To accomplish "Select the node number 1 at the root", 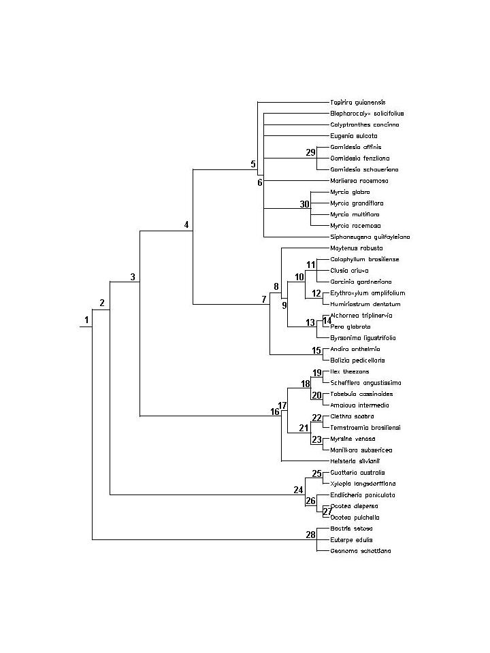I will pyautogui.click(x=86, y=320).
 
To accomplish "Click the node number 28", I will pyautogui.click(x=310, y=535).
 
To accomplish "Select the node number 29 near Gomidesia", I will pyautogui.click(x=310, y=152).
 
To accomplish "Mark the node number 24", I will pyautogui.click(x=298, y=490).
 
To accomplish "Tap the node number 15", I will pyautogui.click(x=316, y=350).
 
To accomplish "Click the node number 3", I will pyautogui.click(x=133, y=276).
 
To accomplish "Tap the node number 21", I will pyautogui.click(x=304, y=428).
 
